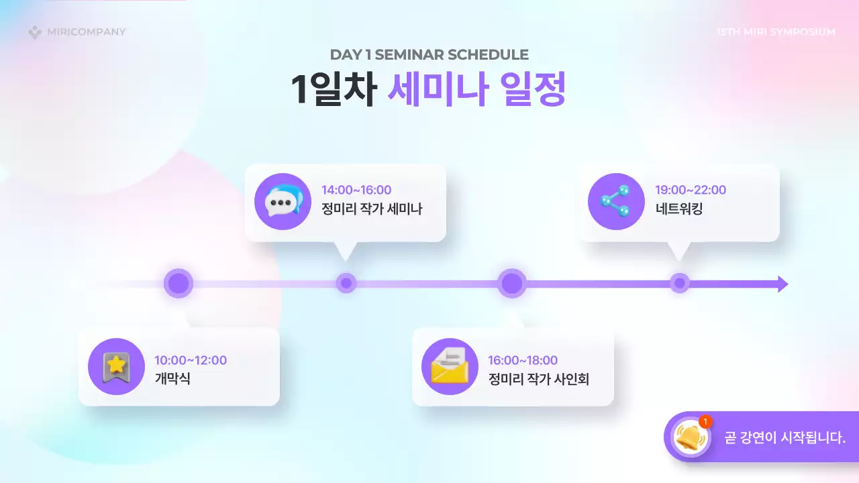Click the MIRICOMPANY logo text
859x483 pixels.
(x=86, y=32)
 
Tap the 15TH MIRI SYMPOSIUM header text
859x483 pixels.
(x=776, y=32)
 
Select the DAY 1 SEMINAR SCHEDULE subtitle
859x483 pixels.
(x=429, y=55)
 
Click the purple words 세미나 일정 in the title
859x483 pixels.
(x=477, y=89)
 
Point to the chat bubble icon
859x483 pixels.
(x=283, y=201)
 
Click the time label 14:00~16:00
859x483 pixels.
(x=356, y=190)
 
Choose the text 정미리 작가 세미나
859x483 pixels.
(x=372, y=209)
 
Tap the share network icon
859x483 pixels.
(x=616, y=201)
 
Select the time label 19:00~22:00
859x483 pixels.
(x=691, y=190)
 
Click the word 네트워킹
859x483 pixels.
(x=679, y=209)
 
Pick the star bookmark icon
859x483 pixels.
(x=116, y=366)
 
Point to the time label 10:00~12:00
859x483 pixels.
(x=191, y=360)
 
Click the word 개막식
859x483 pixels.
(x=172, y=379)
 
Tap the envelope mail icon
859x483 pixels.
(x=450, y=366)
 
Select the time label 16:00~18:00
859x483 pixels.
(x=523, y=360)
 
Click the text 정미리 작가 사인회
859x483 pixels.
(x=539, y=379)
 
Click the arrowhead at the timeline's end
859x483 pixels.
(x=782, y=284)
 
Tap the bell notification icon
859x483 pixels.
(x=687, y=437)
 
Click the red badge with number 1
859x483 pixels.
(x=705, y=421)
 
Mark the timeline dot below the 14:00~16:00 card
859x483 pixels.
(x=346, y=283)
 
